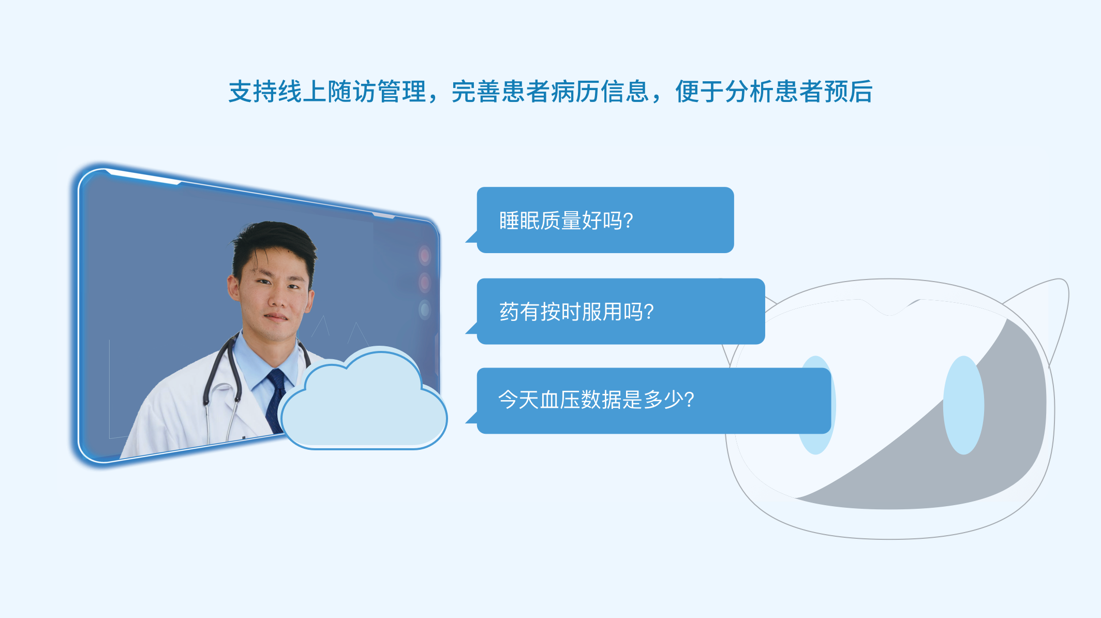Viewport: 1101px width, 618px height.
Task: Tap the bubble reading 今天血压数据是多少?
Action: (653, 401)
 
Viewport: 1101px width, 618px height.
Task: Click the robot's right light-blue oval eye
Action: (963, 405)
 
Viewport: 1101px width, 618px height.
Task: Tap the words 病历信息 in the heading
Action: (600, 92)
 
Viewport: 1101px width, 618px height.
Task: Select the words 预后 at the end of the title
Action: (849, 92)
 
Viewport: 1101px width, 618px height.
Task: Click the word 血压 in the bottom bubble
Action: (559, 400)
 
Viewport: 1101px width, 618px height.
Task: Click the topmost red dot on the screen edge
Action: (425, 255)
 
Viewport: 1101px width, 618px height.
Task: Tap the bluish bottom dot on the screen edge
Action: (425, 310)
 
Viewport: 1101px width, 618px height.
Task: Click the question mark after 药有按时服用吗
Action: (649, 312)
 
